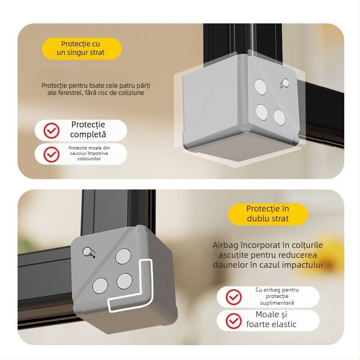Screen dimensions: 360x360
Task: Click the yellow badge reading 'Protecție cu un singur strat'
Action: [81, 48]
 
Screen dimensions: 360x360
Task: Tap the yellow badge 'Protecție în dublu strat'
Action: [268, 214]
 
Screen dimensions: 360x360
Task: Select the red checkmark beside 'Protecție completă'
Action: [51, 130]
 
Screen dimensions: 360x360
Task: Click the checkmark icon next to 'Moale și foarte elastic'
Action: [234, 320]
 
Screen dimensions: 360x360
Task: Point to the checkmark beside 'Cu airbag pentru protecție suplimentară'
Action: [234, 297]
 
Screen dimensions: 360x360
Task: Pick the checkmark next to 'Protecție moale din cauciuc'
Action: [51, 154]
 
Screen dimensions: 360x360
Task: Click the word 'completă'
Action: [88, 135]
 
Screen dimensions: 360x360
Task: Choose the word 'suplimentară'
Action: [277, 303]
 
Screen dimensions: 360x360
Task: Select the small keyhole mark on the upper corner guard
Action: [284, 83]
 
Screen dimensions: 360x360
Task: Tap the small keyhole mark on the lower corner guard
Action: [89, 252]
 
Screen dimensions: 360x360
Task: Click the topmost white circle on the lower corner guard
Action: [123, 256]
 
